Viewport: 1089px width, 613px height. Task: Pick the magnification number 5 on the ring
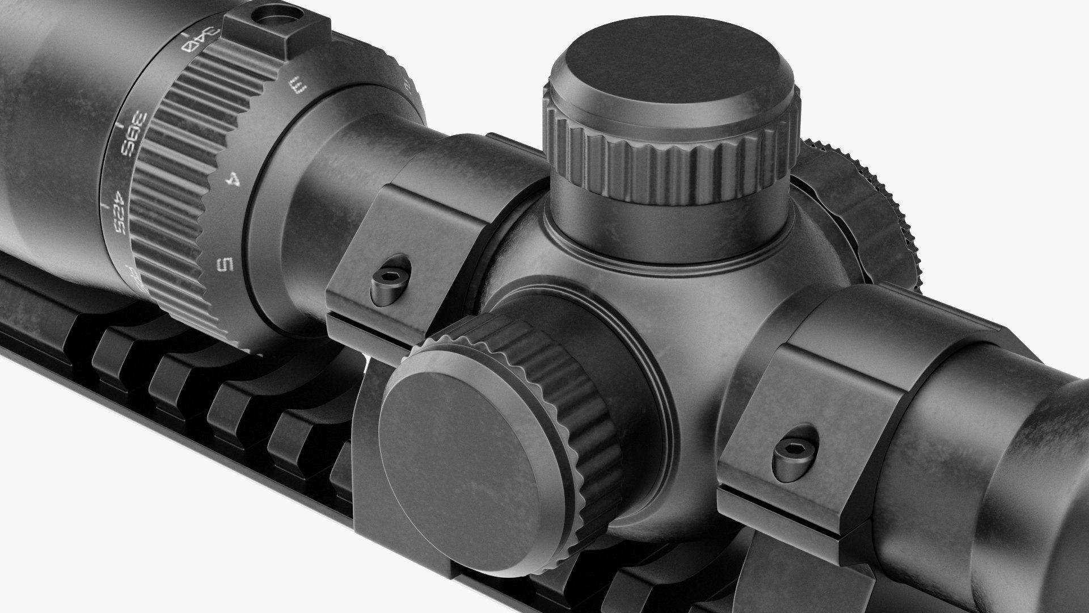pos(226,264)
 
